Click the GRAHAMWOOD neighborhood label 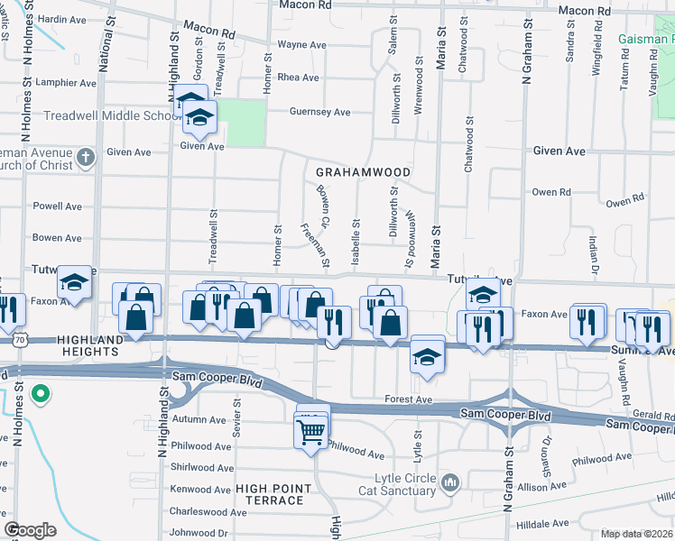pyautogui.click(x=363, y=172)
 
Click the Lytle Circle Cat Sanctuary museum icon pyautogui.click(x=450, y=484)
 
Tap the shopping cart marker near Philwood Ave pyautogui.click(x=310, y=432)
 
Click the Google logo pyautogui.click(x=30, y=530)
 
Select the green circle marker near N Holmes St pyautogui.click(x=40, y=393)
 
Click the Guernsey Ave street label pyautogui.click(x=319, y=112)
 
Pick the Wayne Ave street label pyautogui.click(x=301, y=44)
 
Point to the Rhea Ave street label pyautogui.click(x=299, y=78)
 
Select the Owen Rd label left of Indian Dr pyautogui.click(x=551, y=192)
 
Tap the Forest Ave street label pyautogui.click(x=409, y=399)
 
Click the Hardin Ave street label pyautogui.click(x=61, y=19)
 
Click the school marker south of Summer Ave pyautogui.click(x=426, y=356)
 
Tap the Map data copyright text pyautogui.click(x=637, y=534)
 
